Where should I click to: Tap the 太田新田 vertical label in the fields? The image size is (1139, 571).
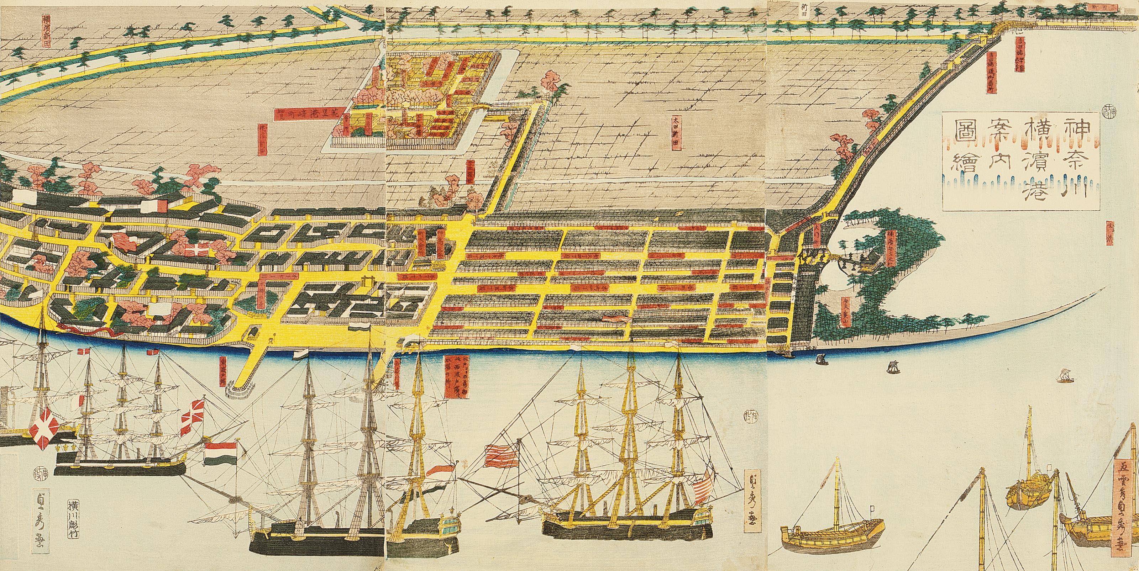[676, 133]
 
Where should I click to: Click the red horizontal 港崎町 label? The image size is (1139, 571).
[305, 113]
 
